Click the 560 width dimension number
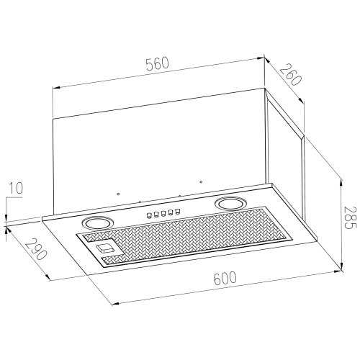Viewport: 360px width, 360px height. pyautogui.click(x=158, y=63)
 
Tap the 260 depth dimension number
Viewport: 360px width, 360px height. pyautogui.click(x=290, y=75)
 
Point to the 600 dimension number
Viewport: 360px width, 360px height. pyautogui.click(x=225, y=278)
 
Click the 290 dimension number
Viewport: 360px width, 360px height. pyautogui.click(x=35, y=249)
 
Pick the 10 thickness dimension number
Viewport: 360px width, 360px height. pyautogui.click(x=16, y=188)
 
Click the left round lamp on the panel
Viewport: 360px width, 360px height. pyautogui.click(x=96, y=222)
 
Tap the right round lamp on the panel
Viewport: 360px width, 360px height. pyautogui.click(x=230, y=204)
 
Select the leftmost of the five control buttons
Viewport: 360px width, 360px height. pyautogui.click(x=149, y=215)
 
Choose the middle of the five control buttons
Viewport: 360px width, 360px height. pyautogui.click(x=163, y=213)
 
